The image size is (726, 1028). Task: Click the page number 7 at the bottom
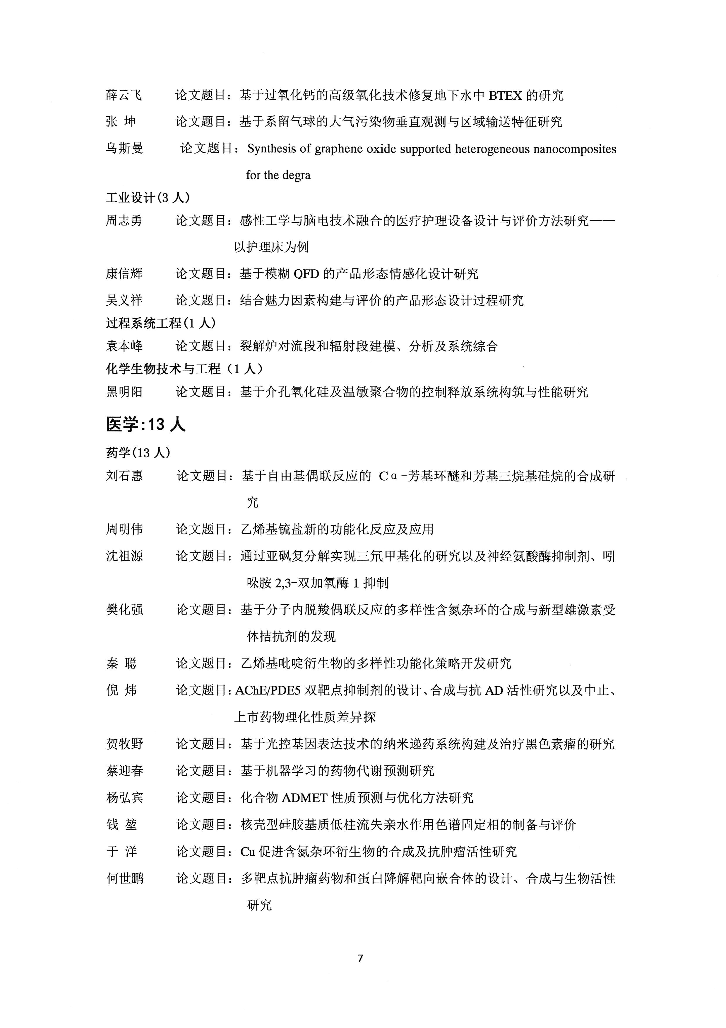pyautogui.click(x=361, y=958)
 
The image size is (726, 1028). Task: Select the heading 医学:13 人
pyautogui.click(x=145, y=424)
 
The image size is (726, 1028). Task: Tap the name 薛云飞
pyautogui.click(x=124, y=95)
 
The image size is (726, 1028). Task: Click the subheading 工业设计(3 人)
pyautogui.click(x=148, y=198)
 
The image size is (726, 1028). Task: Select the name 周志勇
pyautogui.click(x=124, y=220)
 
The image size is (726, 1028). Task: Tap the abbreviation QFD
pyautogui.click(x=307, y=274)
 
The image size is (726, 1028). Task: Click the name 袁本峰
pyautogui.click(x=124, y=346)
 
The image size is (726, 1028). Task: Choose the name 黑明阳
pyautogui.click(x=124, y=392)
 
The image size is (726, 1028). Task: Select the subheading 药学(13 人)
pyautogui.click(x=138, y=453)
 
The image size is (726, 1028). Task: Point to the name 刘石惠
pyautogui.click(x=124, y=476)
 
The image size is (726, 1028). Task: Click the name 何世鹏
pyautogui.click(x=125, y=879)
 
